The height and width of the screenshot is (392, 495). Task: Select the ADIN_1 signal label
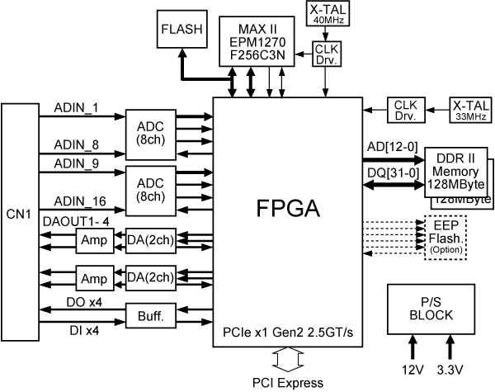tap(76, 108)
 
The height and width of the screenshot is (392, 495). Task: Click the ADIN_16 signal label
tap(78, 201)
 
